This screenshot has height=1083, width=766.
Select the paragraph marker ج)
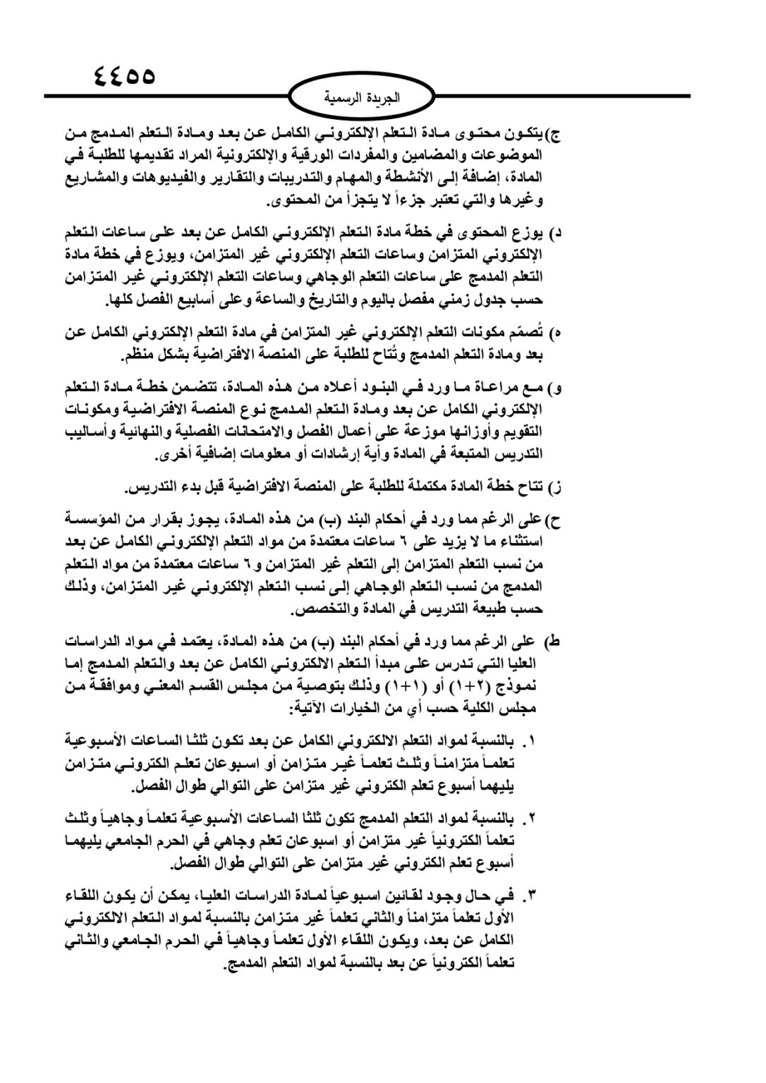[553, 133]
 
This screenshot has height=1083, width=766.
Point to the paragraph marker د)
[556, 232]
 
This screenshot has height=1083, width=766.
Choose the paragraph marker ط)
[552, 642]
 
